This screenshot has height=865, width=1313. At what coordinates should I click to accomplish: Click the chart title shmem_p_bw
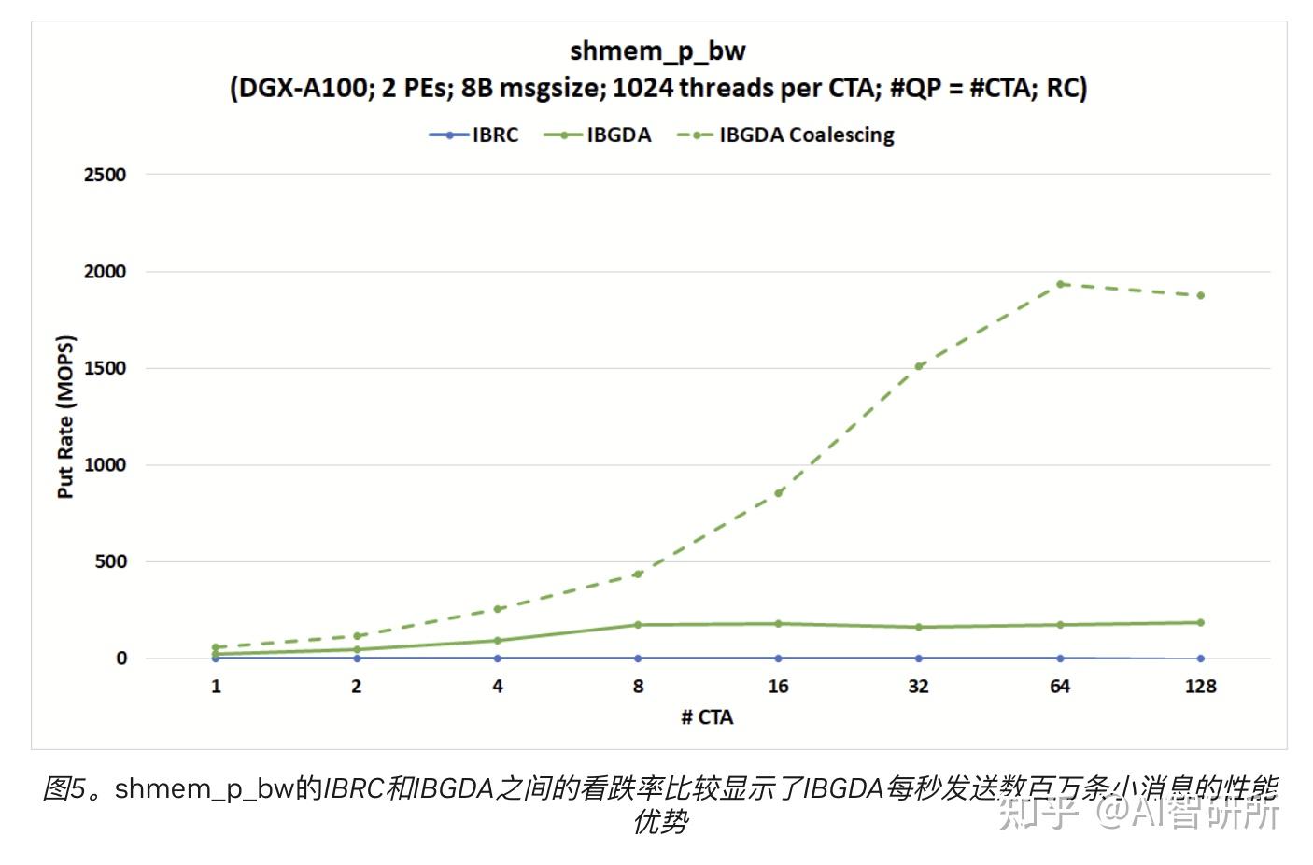657,51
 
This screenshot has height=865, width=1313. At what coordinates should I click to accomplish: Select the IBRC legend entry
474,135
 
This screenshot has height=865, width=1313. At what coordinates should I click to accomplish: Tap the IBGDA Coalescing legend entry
786,135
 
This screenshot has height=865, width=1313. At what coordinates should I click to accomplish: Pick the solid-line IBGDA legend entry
598,135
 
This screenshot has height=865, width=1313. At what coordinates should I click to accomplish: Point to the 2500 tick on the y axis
105,175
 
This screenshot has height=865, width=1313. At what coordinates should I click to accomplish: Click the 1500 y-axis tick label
105,368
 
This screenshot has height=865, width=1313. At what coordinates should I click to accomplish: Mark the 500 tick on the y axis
110,561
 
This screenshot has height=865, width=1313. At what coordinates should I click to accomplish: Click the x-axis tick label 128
1200,687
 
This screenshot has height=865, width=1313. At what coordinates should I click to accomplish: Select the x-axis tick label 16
778,687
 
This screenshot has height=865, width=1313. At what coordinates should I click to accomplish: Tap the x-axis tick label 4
498,687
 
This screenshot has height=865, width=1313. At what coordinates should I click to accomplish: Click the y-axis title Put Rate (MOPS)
64,417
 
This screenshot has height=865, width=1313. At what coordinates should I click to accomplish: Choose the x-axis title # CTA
707,717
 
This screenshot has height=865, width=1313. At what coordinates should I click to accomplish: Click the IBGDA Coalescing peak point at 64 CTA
1060,284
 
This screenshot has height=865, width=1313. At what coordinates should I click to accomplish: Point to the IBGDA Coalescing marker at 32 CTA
919,366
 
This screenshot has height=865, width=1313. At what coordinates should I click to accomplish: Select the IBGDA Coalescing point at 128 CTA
1200,295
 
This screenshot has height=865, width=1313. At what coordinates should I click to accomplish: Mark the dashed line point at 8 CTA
638,574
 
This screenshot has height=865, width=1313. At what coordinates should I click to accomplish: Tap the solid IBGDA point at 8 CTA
638,625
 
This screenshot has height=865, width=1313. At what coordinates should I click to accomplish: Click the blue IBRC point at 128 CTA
1200,659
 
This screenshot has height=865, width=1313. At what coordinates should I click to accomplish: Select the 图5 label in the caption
65,788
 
